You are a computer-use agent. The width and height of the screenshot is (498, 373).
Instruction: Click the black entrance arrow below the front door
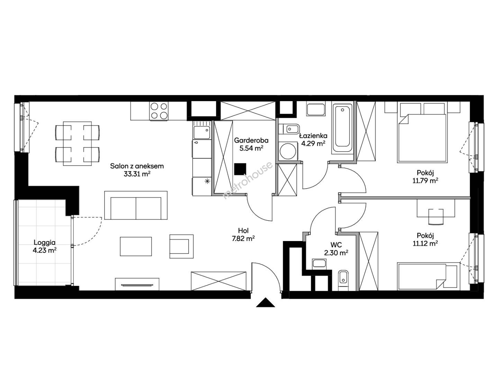point(265,303)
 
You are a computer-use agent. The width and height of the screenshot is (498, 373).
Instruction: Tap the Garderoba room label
point(251,141)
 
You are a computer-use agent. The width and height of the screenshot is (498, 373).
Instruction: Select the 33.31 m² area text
point(137,174)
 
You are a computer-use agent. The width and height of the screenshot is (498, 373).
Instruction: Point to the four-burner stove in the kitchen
point(159,111)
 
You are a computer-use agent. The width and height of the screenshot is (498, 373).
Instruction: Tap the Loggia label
point(44,242)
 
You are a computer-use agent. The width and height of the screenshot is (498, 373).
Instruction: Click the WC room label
point(336,245)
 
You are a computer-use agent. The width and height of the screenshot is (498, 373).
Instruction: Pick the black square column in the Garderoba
point(240,169)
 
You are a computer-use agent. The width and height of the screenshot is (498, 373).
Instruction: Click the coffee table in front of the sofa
point(136,246)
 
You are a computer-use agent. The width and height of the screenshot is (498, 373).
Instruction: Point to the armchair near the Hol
point(181,246)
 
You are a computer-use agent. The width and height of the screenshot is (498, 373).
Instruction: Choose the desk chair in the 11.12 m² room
point(436,217)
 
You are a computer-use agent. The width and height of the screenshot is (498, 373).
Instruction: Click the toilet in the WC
point(343,280)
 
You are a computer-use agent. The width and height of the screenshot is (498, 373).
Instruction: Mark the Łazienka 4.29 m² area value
point(313,143)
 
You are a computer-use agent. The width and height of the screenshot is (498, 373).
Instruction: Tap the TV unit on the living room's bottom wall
point(137,284)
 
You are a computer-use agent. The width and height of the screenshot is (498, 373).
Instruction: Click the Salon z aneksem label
point(137,166)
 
